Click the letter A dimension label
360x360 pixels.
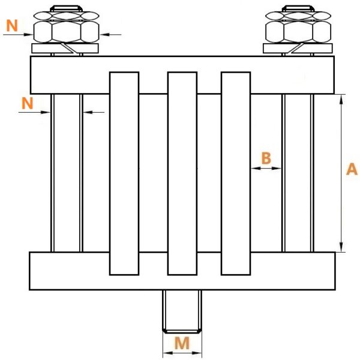tap(352, 169)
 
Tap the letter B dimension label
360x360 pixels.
tap(266, 158)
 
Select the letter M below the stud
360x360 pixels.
tap(182, 343)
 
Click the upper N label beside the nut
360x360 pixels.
tap(12, 25)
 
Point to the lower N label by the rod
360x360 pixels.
tap(28, 103)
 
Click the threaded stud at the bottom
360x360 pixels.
tap(182, 311)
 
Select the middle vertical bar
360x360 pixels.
tap(182, 173)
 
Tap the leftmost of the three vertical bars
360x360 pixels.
tap(124, 173)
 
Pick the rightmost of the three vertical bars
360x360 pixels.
tap(236, 173)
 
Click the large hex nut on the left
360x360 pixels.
tap(67, 32)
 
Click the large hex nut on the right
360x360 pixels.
tap(298, 32)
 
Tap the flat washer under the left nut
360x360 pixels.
tap(65, 49)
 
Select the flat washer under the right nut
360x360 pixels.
tap(298, 49)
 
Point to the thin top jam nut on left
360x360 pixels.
tap(67, 16)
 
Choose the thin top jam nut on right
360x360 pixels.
tap(298, 16)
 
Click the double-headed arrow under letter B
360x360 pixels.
tap(266, 168)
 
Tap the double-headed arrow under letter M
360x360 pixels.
tap(182, 353)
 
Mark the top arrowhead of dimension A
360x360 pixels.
tap(341, 99)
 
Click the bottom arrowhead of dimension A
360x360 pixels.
tap(341, 247)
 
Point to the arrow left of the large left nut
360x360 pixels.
tap(18, 35)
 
